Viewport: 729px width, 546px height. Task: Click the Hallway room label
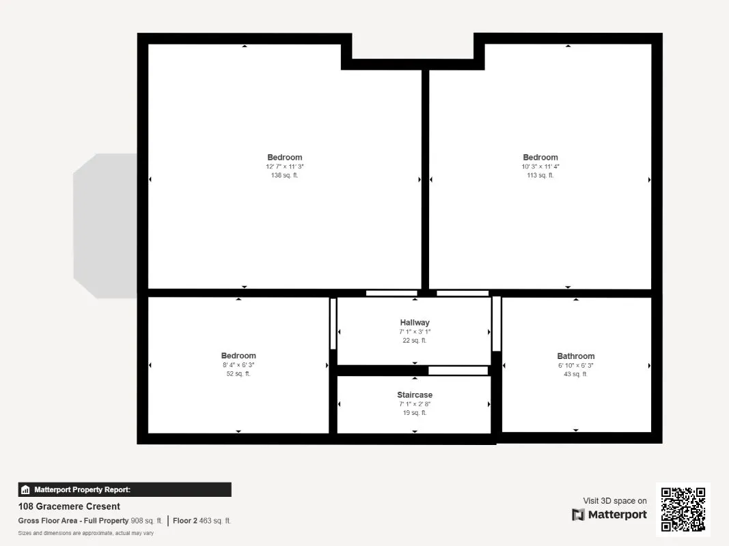(415, 322)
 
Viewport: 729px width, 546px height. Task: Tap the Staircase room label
(415, 394)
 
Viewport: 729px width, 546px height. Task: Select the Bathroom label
(575, 356)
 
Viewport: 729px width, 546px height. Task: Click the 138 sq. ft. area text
(284, 175)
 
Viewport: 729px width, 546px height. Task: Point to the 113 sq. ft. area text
(540, 175)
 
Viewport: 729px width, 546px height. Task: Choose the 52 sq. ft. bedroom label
(238, 356)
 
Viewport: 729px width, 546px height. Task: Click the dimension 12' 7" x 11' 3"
(284, 167)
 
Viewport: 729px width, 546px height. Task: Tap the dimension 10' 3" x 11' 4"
(540, 167)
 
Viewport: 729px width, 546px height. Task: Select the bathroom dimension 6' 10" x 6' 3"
(575, 365)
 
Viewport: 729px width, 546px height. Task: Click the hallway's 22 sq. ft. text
(415, 341)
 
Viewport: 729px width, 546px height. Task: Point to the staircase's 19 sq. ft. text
(415, 413)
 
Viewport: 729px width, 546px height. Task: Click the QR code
(683, 509)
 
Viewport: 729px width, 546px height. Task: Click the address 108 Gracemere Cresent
(69, 506)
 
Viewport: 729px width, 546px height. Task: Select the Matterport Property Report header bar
(124, 489)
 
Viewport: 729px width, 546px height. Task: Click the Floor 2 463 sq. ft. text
(202, 521)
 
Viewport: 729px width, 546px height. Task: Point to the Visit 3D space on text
(615, 500)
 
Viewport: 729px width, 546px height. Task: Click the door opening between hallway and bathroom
(497, 324)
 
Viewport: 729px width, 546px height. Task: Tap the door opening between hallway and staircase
(458, 371)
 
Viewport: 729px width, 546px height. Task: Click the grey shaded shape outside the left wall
(105, 226)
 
